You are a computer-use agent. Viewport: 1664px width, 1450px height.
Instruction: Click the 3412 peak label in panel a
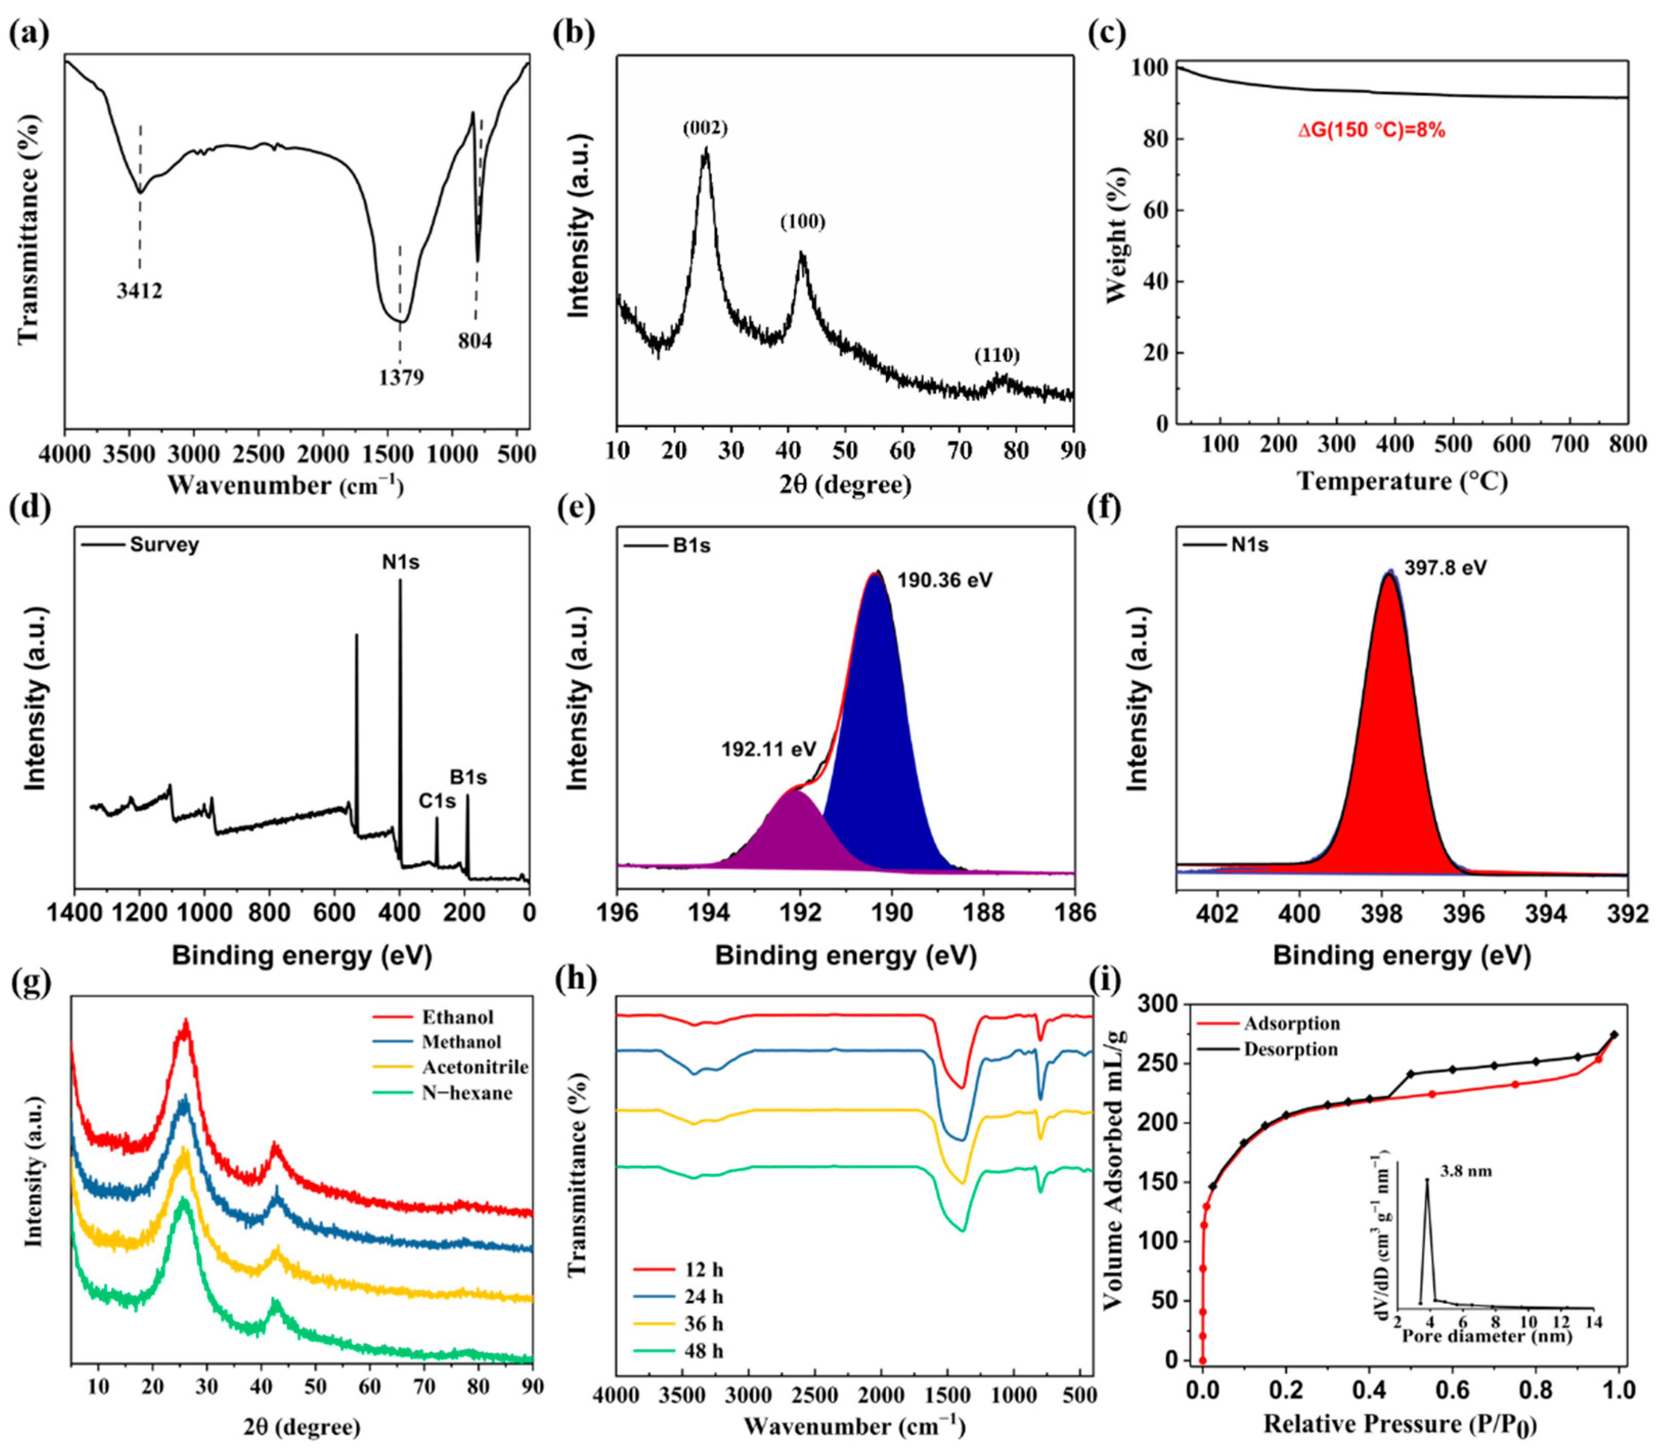[139, 290]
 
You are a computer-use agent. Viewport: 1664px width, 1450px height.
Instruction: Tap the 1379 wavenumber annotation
[401, 377]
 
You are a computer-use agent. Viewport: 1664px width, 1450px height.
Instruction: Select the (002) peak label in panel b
[705, 128]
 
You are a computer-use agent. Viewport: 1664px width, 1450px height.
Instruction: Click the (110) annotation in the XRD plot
[997, 355]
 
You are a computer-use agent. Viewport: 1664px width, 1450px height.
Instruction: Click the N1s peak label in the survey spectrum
[401, 561]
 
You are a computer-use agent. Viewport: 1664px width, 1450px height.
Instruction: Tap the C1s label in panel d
[437, 801]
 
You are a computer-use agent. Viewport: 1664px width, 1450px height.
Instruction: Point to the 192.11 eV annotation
[769, 749]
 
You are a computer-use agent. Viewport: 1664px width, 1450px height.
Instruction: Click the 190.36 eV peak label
[944, 580]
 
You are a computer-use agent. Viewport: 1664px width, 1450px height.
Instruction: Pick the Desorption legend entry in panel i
[1291, 1050]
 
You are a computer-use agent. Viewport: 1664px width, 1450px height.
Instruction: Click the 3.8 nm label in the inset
[1465, 1171]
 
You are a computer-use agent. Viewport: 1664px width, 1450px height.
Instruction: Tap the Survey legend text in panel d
[164, 545]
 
